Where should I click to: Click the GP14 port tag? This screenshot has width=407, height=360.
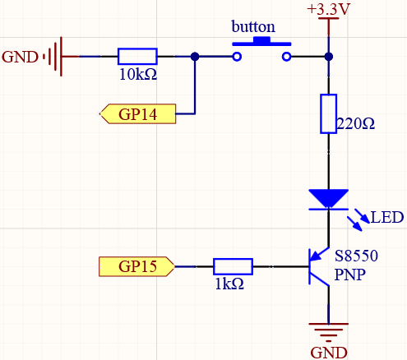137,114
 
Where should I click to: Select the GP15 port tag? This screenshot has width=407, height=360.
136,266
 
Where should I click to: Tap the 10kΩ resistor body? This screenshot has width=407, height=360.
137,57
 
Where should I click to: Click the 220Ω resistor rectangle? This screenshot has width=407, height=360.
328,113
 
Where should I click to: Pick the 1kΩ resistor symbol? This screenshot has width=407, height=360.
233,266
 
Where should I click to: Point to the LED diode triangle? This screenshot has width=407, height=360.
328,199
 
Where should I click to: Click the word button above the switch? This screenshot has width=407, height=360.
253,27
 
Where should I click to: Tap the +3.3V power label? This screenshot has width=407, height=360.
328,9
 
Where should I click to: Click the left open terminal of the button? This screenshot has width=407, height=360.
237,57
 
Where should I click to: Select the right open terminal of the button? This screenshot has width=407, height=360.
287,57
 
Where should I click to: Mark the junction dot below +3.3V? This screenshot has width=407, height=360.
329,57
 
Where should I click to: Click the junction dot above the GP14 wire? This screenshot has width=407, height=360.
195,57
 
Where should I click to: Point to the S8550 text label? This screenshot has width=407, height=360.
356,256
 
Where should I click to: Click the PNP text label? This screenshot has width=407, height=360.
350,275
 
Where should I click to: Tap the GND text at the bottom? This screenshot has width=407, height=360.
329,353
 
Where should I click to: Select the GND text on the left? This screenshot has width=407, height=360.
20,57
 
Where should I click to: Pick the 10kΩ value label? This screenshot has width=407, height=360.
138,74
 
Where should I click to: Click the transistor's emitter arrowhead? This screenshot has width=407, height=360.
315,256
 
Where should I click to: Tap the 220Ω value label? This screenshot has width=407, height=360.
355,124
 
